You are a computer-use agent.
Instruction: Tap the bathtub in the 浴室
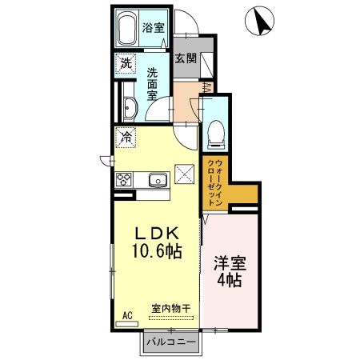tap(127, 30)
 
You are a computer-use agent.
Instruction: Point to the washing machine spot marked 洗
tap(126, 63)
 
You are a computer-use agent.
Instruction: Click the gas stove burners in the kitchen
tap(125, 178)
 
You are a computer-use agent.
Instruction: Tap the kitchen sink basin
tap(156, 178)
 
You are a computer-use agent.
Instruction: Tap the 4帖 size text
tap(229, 282)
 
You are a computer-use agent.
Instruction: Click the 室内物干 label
tap(170, 308)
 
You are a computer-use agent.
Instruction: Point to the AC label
tap(126, 315)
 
